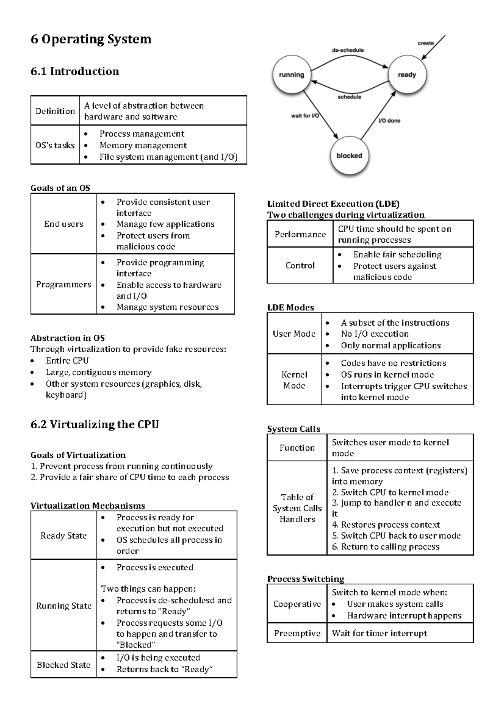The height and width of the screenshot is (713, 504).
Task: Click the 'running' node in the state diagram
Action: (x=291, y=75)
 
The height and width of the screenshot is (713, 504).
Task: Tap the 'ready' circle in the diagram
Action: (x=407, y=75)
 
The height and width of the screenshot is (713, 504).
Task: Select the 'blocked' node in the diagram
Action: (x=349, y=156)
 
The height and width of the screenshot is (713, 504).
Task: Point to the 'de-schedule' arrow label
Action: (x=348, y=50)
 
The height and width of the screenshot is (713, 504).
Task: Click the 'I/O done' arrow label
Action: (x=389, y=121)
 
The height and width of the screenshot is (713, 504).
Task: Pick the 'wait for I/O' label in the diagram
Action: (x=305, y=115)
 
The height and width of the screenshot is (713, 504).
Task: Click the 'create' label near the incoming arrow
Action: (x=425, y=43)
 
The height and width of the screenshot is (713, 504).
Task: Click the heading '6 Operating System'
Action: (x=91, y=39)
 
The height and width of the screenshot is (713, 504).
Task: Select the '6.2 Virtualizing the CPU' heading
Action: (x=94, y=425)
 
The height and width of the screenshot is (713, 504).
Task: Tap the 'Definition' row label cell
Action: (x=55, y=111)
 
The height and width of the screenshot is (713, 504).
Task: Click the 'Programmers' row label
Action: (x=63, y=284)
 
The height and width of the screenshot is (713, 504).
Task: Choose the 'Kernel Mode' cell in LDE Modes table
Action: (x=294, y=380)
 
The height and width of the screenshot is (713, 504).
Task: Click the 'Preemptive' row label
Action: (x=297, y=633)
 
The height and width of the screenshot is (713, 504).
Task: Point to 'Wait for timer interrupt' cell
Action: (x=379, y=633)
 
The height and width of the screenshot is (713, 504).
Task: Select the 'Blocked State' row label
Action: (x=63, y=665)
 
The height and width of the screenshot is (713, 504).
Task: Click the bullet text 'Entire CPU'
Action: (x=67, y=361)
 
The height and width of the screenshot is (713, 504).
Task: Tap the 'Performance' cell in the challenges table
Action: (x=300, y=234)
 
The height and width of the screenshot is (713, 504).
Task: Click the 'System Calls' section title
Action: (x=294, y=429)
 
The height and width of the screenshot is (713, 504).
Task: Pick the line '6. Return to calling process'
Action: (x=386, y=547)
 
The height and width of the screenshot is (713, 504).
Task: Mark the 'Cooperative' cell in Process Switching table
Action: (x=297, y=604)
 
